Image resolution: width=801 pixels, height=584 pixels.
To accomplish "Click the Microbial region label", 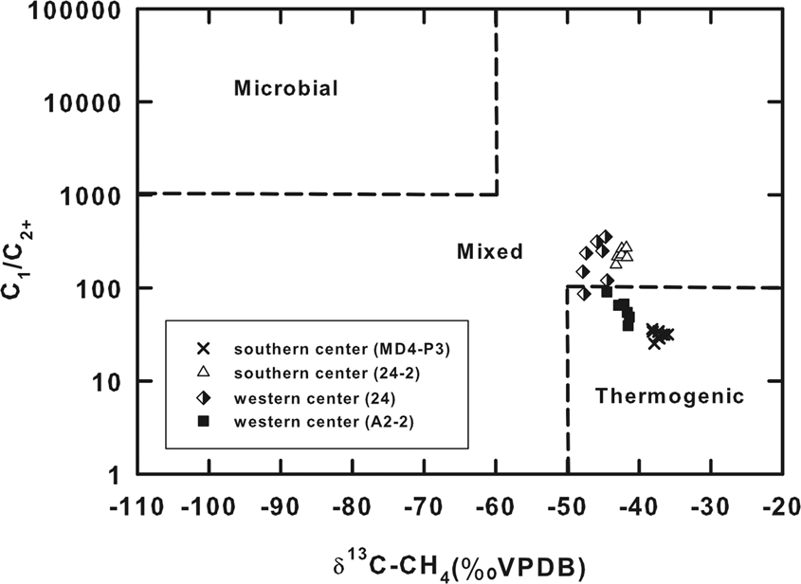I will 286,89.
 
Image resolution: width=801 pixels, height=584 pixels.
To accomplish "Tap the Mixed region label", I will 489,252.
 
